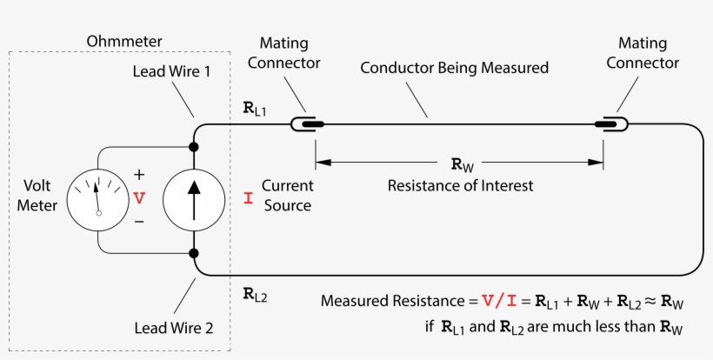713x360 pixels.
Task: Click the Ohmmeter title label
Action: coord(124,41)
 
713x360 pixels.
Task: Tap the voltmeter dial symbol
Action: coord(97,198)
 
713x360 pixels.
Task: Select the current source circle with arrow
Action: coord(194,198)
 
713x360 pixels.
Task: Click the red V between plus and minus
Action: coord(139,198)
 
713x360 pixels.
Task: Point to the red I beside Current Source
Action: coord(248,198)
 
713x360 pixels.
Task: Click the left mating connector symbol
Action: coord(307,125)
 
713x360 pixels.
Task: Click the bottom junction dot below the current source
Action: coord(194,253)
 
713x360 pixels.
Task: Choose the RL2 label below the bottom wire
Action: coord(256,295)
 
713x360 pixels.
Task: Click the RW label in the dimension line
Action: coord(462,163)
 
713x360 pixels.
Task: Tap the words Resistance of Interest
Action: coord(460,185)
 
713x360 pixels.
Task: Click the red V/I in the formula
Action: coord(499,302)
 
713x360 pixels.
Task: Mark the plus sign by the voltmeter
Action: coord(139,174)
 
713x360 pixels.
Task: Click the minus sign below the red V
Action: coord(139,222)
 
